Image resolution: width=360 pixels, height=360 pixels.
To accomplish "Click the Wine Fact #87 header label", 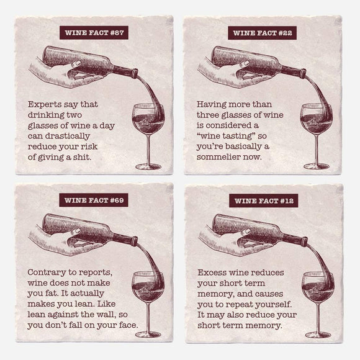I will [x=93, y=33].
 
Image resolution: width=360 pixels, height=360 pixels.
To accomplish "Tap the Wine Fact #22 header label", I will [x=263, y=33].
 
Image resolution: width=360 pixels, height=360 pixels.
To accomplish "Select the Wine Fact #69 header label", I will [x=93, y=200].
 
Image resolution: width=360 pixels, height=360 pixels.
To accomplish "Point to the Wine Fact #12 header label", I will [x=263, y=200].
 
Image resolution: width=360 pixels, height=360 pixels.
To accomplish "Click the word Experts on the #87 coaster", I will [x=45, y=105].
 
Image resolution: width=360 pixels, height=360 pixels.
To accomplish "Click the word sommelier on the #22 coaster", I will [x=222, y=158].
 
